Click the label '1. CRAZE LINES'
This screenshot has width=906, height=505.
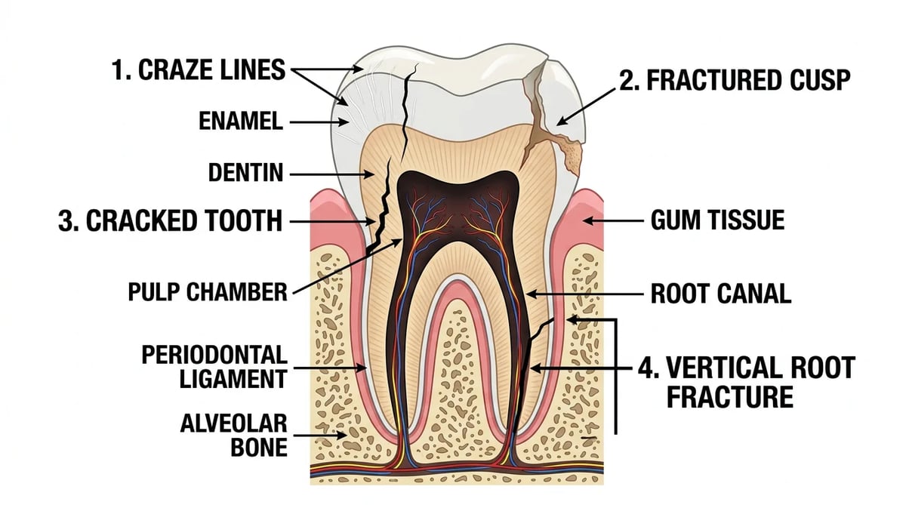[x=199, y=70]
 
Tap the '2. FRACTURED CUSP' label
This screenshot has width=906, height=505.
[x=735, y=80]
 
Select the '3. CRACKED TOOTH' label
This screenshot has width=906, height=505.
[x=171, y=220]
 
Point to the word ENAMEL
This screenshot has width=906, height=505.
[x=241, y=121]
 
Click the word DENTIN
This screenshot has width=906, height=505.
[x=245, y=173]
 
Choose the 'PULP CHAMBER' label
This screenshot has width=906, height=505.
[x=208, y=292]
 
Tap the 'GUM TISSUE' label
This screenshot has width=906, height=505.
[x=717, y=220]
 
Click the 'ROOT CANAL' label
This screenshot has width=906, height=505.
[x=721, y=294]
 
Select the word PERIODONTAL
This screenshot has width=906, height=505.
[x=214, y=356]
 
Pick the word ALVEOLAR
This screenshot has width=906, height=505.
[x=234, y=423]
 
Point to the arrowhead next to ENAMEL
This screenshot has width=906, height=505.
[x=343, y=122]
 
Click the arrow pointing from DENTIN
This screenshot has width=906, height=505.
[x=331, y=174]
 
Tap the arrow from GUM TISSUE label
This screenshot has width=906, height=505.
[x=613, y=220]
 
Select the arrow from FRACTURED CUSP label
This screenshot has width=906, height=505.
[x=586, y=106]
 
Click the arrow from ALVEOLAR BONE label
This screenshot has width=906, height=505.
[x=320, y=436]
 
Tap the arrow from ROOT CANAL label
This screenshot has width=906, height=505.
[x=584, y=294]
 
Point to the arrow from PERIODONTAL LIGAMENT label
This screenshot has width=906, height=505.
[x=330, y=368]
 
